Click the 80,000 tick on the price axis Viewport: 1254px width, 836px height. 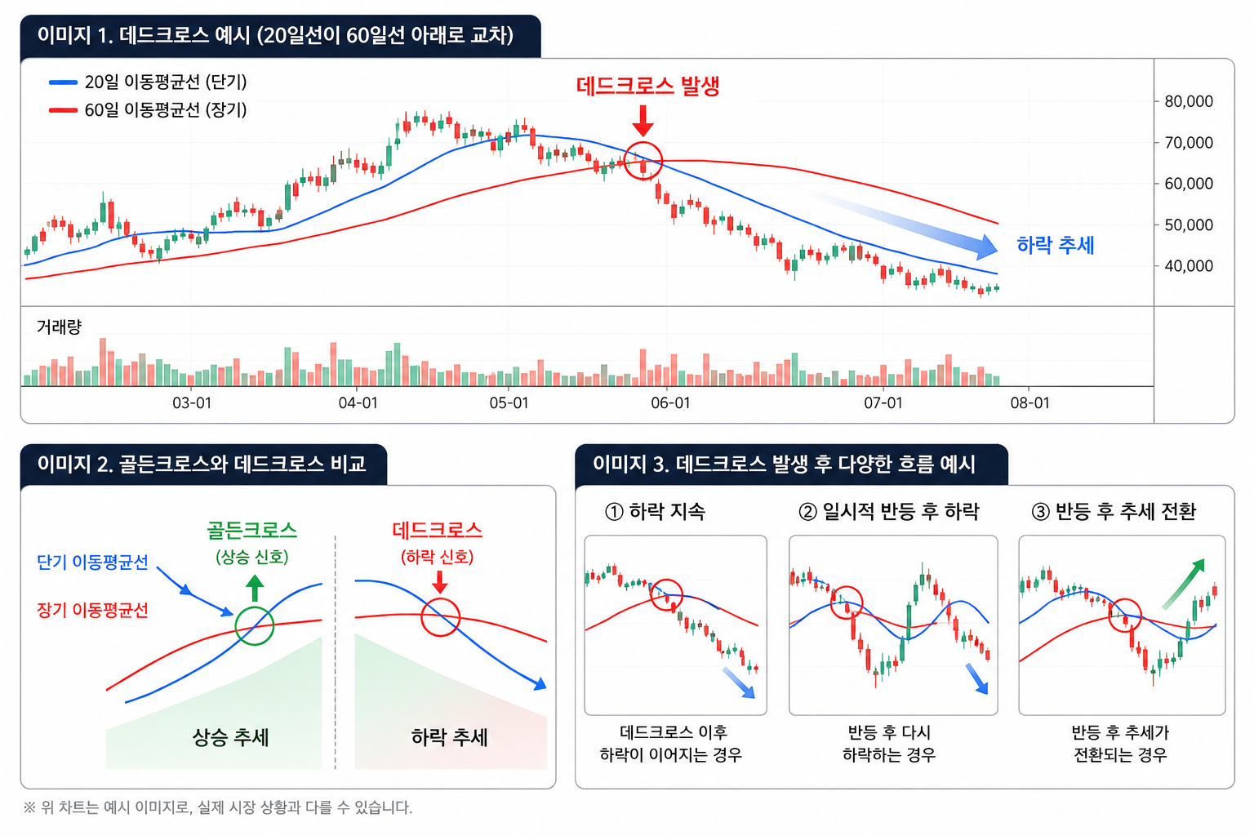tap(1189, 101)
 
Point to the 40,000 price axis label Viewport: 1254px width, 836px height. tap(1189, 265)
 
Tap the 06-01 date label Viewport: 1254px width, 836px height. tap(670, 402)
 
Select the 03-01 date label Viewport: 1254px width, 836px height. tap(192, 402)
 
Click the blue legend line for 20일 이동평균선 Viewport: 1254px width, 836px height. tap(63, 82)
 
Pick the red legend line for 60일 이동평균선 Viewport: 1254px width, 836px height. tap(63, 110)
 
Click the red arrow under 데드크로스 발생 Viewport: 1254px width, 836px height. tap(643, 120)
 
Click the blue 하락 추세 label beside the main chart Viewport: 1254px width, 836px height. tap(1056, 245)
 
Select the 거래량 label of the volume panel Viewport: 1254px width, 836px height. tap(59, 327)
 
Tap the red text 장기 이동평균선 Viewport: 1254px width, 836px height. tap(92, 610)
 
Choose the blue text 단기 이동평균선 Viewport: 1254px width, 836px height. tap(92, 562)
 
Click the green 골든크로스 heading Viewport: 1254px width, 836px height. tap(252, 531)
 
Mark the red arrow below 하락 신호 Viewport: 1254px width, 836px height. tap(440, 582)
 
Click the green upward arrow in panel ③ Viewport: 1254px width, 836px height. tap(1183, 584)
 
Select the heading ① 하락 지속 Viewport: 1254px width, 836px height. tap(655, 511)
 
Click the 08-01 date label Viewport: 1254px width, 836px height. tap(1029, 402)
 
